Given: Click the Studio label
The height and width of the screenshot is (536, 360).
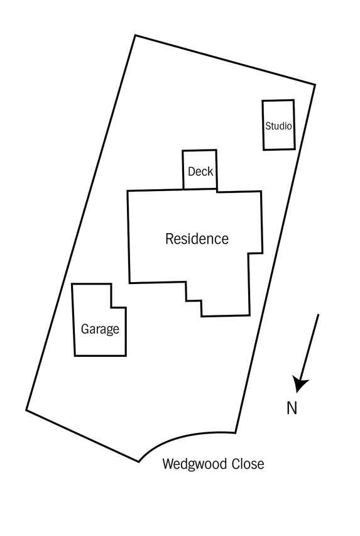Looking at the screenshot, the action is (278, 126).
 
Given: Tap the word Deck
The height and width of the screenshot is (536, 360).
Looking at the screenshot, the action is (200, 172).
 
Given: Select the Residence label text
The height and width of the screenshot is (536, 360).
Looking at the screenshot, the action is (197, 239).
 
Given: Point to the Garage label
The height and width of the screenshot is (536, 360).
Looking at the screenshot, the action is (100, 329).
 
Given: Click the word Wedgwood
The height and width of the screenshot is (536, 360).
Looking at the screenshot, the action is (195, 464).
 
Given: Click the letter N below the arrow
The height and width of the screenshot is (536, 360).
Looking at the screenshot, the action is (292, 408).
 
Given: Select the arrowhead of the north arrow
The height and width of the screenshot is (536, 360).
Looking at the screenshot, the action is (300, 383).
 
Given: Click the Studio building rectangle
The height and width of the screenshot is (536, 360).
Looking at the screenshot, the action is (263, 125).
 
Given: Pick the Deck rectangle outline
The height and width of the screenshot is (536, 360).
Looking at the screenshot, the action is (183, 170).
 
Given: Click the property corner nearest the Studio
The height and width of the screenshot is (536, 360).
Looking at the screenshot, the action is (315, 84).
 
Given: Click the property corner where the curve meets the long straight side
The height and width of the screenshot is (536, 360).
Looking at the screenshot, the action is (236, 432).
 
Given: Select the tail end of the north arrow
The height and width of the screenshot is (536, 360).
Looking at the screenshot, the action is (319, 314).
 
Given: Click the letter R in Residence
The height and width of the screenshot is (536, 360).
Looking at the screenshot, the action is (169, 239).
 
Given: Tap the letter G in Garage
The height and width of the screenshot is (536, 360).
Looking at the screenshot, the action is (85, 329).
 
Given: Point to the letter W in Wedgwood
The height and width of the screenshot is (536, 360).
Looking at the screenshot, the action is (168, 464).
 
